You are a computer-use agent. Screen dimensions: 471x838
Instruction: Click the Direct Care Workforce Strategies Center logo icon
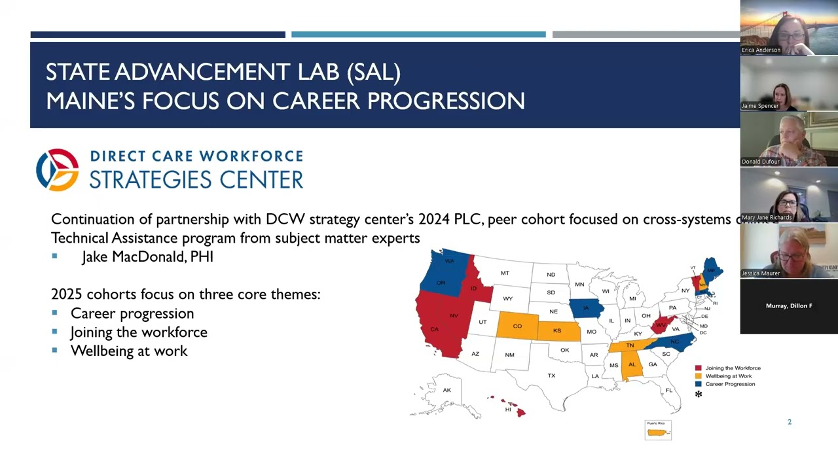pyautogui.click(x=58, y=169)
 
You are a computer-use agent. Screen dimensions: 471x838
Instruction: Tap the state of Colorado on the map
pyautogui.click(x=517, y=326)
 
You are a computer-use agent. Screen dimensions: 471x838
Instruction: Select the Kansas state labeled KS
pyautogui.click(x=557, y=330)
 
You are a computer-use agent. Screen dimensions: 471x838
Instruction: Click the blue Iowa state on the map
pyautogui.click(x=585, y=307)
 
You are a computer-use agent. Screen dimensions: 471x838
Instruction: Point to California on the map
pyautogui.click(x=435, y=330)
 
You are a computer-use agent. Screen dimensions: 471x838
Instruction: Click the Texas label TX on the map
pyautogui.click(x=551, y=375)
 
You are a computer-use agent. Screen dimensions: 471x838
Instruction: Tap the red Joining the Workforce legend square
pyautogui.click(x=699, y=368)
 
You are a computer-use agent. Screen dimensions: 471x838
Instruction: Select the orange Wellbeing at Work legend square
pyautogui.click(x=699, y=376)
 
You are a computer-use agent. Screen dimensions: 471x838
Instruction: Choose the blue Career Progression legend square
pyautogui.click(x=699, y=384)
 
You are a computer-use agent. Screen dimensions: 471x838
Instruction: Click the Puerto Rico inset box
pyautogui.click(x=658, y=430)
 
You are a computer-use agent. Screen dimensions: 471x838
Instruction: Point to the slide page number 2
pyautogui.click(x=790, y=422)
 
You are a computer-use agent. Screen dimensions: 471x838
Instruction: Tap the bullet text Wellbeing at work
pyautogui.click(x=129, y=351)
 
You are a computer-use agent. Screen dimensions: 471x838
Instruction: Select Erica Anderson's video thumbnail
pyautogui.click(x=789, y=27)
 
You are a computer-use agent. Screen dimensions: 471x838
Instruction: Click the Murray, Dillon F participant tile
pyautogui.click(x=789, y=306)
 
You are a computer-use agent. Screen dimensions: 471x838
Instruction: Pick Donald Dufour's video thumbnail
pyautogui.click(x=789, y=139)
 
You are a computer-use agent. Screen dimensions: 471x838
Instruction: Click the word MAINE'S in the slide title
pyautogui.click(x=90, y=101)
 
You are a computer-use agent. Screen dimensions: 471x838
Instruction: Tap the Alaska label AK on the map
pyautogui.click(x=446, y=391)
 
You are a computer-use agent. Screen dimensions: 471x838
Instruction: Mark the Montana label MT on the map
pyautogui.click(x=505, y=273)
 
